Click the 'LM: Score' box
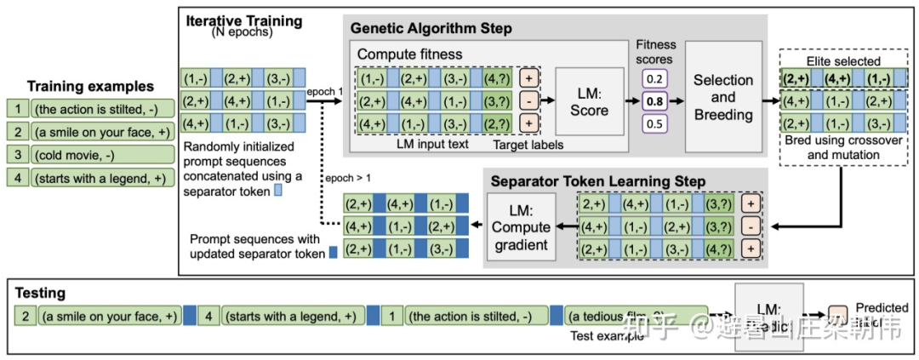tap(590, 102)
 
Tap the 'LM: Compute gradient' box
tap(520, 226)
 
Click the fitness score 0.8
tap(654, 100)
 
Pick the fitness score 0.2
tap(654, 79)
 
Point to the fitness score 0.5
tap(654, 123)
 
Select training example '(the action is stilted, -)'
tap(103, 108)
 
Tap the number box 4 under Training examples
tap(16, 179)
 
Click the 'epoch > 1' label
tap(349, 178)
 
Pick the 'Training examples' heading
tap(90, 86)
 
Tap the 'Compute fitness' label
tap(410, 54)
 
